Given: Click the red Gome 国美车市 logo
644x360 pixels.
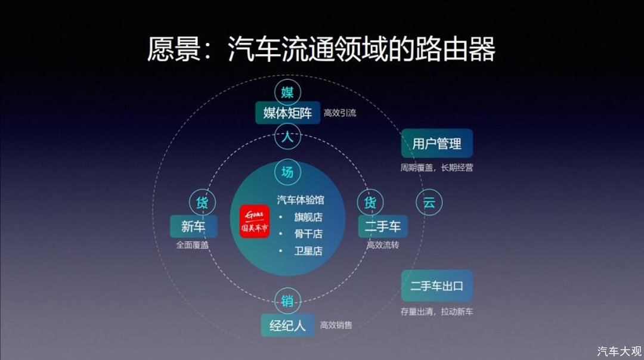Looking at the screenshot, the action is click(255, 221).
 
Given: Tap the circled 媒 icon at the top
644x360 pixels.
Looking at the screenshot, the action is click(287, 92).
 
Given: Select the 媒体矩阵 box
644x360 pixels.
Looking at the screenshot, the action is click(287, 113).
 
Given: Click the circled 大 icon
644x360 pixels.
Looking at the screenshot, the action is click(287, 136).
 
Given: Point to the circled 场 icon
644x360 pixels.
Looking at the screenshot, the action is click(287, 172).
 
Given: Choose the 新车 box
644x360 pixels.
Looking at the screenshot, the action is click(193, 226).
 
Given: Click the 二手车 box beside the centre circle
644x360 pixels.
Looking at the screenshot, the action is click(383, 226).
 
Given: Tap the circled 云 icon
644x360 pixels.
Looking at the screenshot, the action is click(429, 203).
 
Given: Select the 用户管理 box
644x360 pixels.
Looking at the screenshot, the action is click(437, 143).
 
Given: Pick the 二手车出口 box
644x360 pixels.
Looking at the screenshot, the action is click(437, 285).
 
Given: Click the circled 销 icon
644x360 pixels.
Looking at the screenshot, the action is click(287, 301).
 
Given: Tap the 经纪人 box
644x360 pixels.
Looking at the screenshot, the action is click(287, 325).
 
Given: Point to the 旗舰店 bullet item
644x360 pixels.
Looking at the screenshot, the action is click(308, 217).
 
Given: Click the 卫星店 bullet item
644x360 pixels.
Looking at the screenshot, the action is click(308, 251).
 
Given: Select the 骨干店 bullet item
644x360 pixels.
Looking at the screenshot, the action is click(308, 234).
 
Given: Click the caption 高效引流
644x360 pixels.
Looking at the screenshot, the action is click(340, 113).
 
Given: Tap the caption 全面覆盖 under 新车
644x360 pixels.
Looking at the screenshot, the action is click(193, 245).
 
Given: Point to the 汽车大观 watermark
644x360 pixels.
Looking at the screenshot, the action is click(619, 352).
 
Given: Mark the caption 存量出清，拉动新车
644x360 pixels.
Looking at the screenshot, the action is click(437, 312).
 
